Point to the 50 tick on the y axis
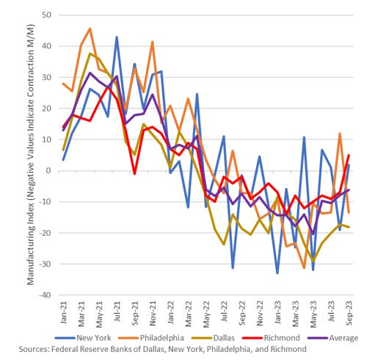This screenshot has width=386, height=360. point(45,15)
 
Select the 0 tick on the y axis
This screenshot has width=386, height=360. point(48,170)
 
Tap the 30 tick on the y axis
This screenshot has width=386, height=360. point(45,77)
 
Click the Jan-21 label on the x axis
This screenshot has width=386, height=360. point(65,312)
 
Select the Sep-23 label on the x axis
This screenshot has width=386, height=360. point(348,312)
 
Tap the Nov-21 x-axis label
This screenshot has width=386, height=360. point(153,312)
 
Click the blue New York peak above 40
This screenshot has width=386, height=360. point(117,37)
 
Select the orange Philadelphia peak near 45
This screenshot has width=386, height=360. point(90,29)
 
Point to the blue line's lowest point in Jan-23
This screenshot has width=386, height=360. point(277,273)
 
